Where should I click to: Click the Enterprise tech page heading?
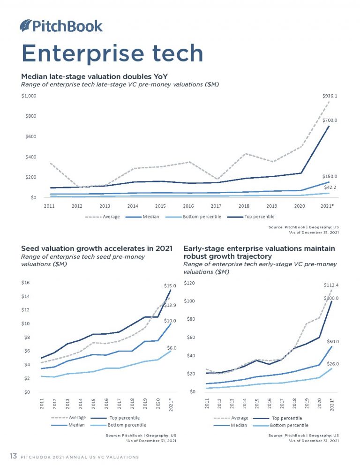point(112,53)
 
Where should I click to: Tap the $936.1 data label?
point(330,96)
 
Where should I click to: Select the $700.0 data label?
point(330,120)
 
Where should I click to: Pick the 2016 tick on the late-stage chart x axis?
point(188,206)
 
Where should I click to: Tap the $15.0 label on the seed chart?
point(170,285)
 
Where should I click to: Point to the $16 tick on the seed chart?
point(26,283)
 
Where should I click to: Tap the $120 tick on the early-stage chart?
point(189,283)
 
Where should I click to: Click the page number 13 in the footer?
point(14,456)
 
